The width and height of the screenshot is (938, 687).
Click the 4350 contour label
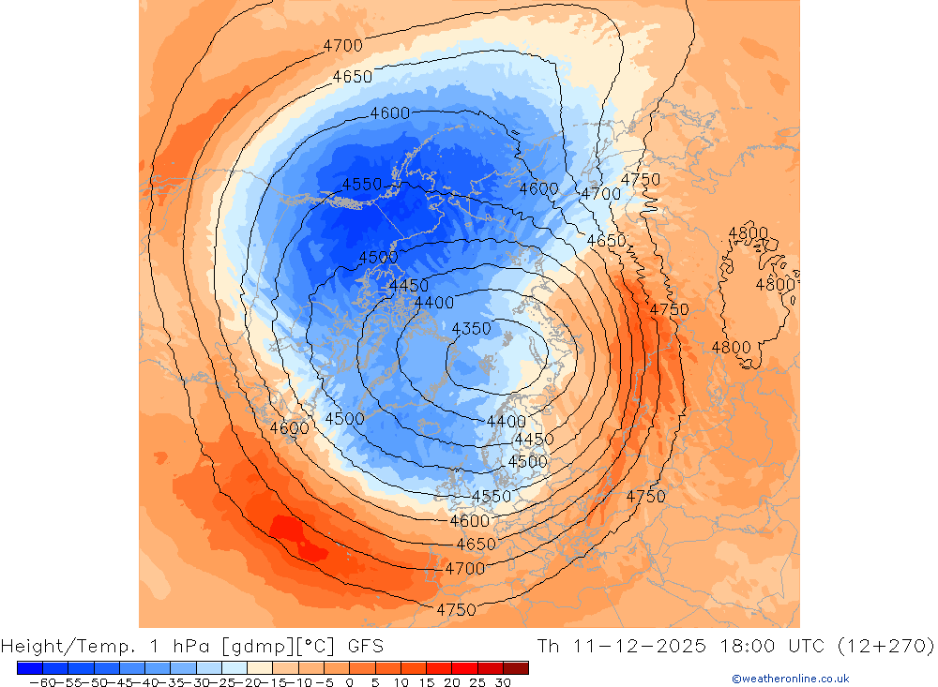[x=471, y=329]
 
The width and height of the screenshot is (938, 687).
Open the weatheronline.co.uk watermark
[x=790, y=679]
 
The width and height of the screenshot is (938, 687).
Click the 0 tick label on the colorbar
[x=349, y=682]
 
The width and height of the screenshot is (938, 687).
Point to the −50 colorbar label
[x=92, y=682]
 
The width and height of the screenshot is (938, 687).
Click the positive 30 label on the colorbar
[x=503, y=682]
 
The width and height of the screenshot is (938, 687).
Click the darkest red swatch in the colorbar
[x=516, y=668]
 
